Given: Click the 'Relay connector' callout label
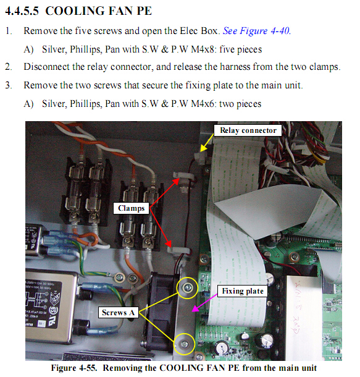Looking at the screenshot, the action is click(x=248, y=130).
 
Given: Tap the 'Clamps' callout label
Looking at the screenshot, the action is click(x=131, y=208).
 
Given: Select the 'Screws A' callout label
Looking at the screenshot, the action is click(x=118, y=312).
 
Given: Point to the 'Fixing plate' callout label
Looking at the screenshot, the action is click(x=243, y=291).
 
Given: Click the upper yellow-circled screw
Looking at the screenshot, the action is click(x=187, y=287).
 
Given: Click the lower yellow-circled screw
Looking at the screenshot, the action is click(x=185, y=344).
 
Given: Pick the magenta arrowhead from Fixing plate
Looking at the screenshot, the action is click(x=196, y=309).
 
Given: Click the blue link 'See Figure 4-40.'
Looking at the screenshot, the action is click(x=257, y=31).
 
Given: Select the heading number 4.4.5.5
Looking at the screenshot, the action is click(x=22, y=11).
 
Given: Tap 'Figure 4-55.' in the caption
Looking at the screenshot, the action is click(x=74, y=368).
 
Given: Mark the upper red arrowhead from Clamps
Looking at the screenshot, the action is click(x=176, y=181).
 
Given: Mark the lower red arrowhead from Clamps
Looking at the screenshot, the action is click(x=169, y=244).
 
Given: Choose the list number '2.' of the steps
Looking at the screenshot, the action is click(x=9, y=67).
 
